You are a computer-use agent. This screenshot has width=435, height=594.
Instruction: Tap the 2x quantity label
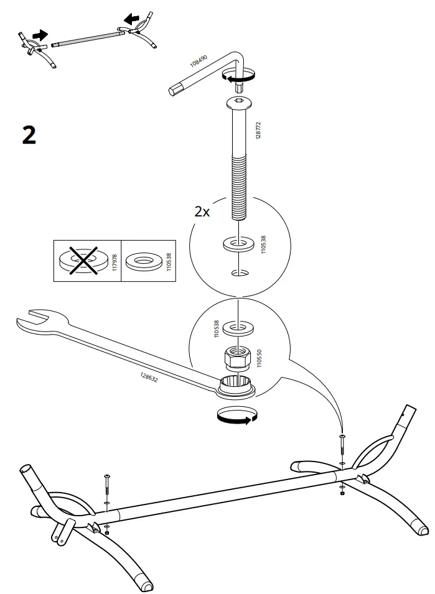[202, 211]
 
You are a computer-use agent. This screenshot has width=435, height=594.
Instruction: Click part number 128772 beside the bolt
[259, 130]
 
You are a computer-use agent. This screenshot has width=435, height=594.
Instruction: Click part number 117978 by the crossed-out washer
[114, 261]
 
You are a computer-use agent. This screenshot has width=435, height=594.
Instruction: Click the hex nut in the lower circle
[238, 358]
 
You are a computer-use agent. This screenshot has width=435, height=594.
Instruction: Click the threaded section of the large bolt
[239, 187]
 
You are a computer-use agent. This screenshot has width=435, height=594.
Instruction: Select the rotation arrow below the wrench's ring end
[236, 415]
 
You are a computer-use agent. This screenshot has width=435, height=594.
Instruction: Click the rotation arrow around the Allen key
[238, 77]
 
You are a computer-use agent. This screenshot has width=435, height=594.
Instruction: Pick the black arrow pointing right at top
[40, 36]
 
